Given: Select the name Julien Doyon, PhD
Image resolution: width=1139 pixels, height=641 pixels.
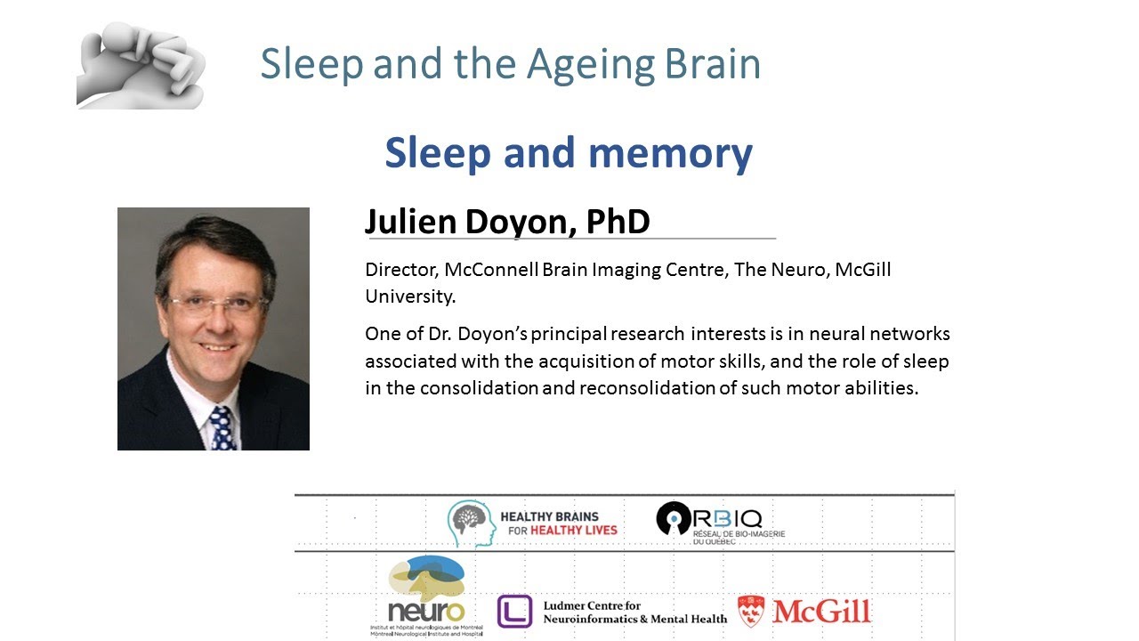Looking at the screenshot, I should click(507, 222).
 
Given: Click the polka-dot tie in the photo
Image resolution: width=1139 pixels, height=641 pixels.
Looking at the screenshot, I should click(222, 427).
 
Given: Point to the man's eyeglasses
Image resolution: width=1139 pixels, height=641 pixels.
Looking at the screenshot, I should click(217, 304).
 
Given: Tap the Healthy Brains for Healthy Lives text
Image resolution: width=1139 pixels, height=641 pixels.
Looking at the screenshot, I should click(558, 523).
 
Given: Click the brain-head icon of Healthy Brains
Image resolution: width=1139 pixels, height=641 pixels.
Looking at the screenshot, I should click(471, 523).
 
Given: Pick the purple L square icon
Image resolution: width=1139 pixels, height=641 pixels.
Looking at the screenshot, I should click(514, 612).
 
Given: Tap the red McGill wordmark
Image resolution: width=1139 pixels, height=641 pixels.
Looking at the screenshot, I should click(821, 612).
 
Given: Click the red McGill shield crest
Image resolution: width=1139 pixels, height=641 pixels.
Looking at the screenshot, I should click(752, 612).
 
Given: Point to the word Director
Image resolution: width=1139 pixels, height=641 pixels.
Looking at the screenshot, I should click(398, 270).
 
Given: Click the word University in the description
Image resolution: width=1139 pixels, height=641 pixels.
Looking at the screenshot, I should click(410, 296).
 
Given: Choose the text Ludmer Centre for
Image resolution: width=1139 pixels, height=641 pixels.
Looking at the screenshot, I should click(592, 605).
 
